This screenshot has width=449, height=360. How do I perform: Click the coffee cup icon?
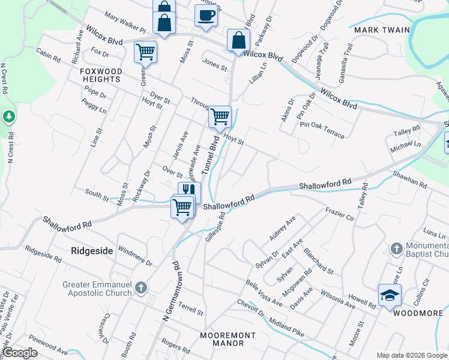coord(206,16)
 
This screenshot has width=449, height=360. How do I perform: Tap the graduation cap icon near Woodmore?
coord(390,296)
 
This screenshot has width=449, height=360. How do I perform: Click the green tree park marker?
coord(9,116)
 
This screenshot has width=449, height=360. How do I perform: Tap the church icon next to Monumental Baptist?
coord(396,248)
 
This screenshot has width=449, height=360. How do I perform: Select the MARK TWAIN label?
coord(382,30)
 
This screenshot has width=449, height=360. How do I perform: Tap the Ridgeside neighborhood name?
coord(92,251)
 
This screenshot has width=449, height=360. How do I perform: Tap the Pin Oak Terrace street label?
coord(323,130)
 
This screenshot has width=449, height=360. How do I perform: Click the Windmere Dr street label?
coord(136,256)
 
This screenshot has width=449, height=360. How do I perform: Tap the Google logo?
coord(20,353)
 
